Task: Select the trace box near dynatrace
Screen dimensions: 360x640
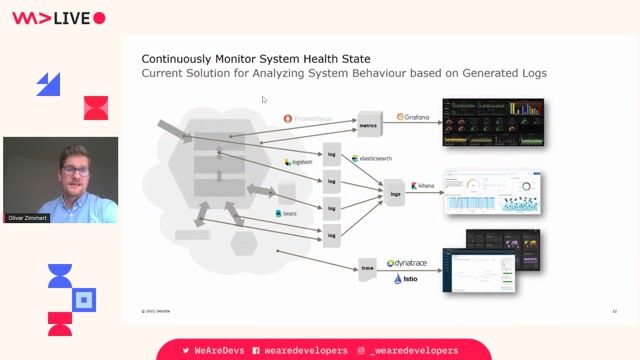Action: pyautogui.click(x=368, y=268)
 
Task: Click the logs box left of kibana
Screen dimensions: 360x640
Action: pyautogui.click(x=395, y=193)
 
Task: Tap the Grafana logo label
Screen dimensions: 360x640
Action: pyautogui.click(x=413, y=117)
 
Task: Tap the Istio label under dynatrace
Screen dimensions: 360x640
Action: pyautogui.click(x=405, y=279)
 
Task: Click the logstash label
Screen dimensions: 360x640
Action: pyautogui.click(x=301, y=162)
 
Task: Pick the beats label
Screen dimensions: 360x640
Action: pyautogui.click(x=290, y=214)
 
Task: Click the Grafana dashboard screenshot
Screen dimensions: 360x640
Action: pyautogui.click(x=493, y=121)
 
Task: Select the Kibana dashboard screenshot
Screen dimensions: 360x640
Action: pyautogui.click(x=492, y=192)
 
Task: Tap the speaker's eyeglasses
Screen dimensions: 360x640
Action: pyautogui.click(x=75, y=171)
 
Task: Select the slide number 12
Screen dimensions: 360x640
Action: pyautogui.click(x=614, y=311)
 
